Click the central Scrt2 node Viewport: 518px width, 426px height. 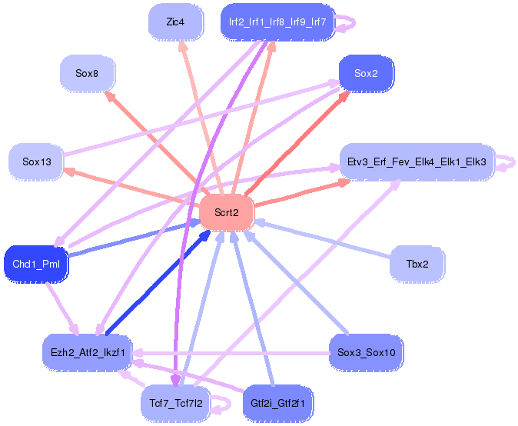pyautogui.click(x=226, y=212)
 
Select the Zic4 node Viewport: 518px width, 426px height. pyautogui.click(x=175, y=22)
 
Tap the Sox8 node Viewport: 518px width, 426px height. pyautogui.click(x=87, y=73)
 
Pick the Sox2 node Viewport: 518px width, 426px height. pyautogui.click(x=366, y=73)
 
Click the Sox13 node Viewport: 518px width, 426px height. pyautogui.click(x=36, y=161)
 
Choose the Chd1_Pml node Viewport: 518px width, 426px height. pyautogui.click(x=36, y=264)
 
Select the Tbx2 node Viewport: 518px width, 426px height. pyautogui.click(x=417, y=264)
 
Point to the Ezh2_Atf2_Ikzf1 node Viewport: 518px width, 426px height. pyautogui.click(x=88, y=352)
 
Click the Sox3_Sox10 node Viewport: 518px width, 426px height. pyautogui.click(x=366, y=352)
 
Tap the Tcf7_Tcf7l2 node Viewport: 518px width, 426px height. pyautogui.click(x=176, y=403)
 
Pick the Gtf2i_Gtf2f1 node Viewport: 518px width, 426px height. pyautogui.click(x=277, y=403)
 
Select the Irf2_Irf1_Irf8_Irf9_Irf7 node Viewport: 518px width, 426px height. pyautogui.click(x=277, y=22)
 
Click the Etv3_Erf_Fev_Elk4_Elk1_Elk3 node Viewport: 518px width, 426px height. pyautogui.click(x=417, y=161)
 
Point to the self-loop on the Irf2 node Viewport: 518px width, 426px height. pyautogui.click(x=354, y=22)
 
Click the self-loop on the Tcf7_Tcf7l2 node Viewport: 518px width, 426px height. pyautogui.click(x=229, y=404)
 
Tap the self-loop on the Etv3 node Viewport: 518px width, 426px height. pyautogui.click(x=513, y=162)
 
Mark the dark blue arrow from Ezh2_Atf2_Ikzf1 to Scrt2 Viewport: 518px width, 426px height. pyautogui.click(x=158, y=282)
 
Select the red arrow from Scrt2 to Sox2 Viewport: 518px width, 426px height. pyautogui.click(x=297, y=143)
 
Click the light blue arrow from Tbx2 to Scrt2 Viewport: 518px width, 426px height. pyautogui.click(x=322, y=238)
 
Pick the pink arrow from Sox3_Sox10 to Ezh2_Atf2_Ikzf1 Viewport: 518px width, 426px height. pyautogui.click(x=231, y=353)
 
